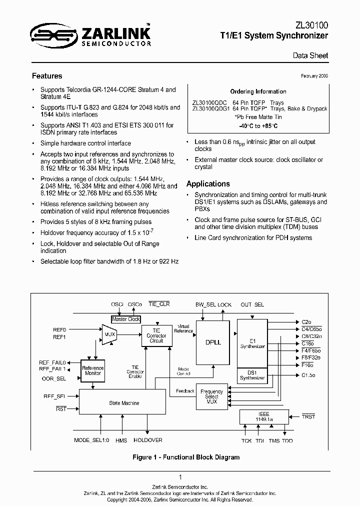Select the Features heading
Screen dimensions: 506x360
(47, 76)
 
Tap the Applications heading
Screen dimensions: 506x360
(208, 183)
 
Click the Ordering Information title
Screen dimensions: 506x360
(258, 91)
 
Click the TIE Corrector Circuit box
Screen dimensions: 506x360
(156, 335)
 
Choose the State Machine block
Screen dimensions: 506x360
(123, 402)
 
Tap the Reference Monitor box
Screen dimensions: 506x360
(92, 370)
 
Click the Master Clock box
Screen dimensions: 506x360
(126, 319)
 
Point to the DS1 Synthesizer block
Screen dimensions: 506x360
(252, 375)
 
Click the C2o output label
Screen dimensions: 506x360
(306, 322)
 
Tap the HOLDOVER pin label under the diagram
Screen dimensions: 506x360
(147, 440)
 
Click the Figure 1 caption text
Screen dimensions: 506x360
(186, 457)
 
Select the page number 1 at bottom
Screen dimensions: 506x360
(180, 477)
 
